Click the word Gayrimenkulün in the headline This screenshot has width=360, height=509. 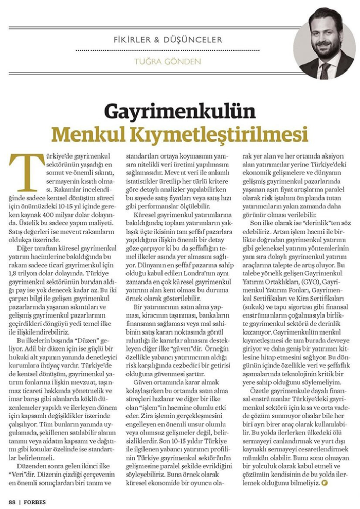tap(180, 111)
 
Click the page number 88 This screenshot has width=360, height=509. tap(11, 500)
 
